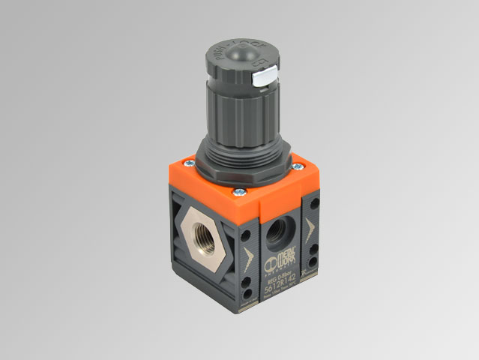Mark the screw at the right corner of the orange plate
click(x=297, y=166)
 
